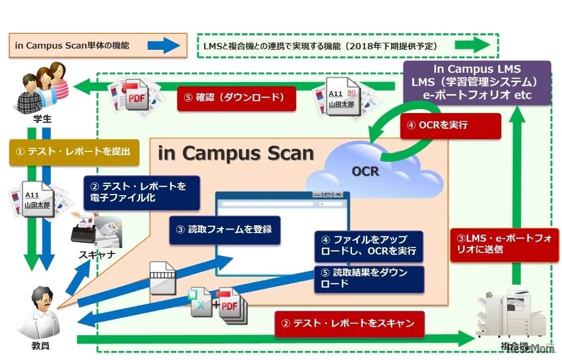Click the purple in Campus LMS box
pyautogui.click(x=476, y=83)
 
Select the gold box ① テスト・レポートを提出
pyautogui.click(x=73, y=152)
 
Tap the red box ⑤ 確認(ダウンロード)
pyautogui.click(x=236, y=98)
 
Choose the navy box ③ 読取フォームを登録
pyautogui.click(x=225, y=230)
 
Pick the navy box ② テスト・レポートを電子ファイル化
pyautogui.click(x=142, y=193)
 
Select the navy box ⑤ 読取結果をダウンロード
pyautogui.click(x=369, y=279)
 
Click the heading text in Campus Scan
pyautogui.click(x=236, y=153)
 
